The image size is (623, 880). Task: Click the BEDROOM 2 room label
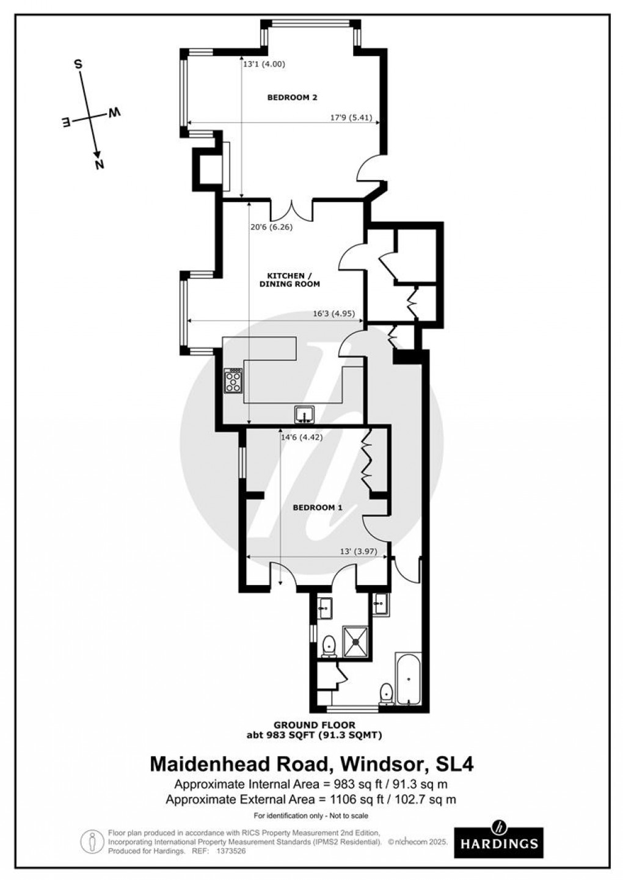[292, 97]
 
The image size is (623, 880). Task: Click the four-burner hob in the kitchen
[233, 382]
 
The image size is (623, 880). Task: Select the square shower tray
[355, 641]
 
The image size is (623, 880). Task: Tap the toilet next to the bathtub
[386, 693]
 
